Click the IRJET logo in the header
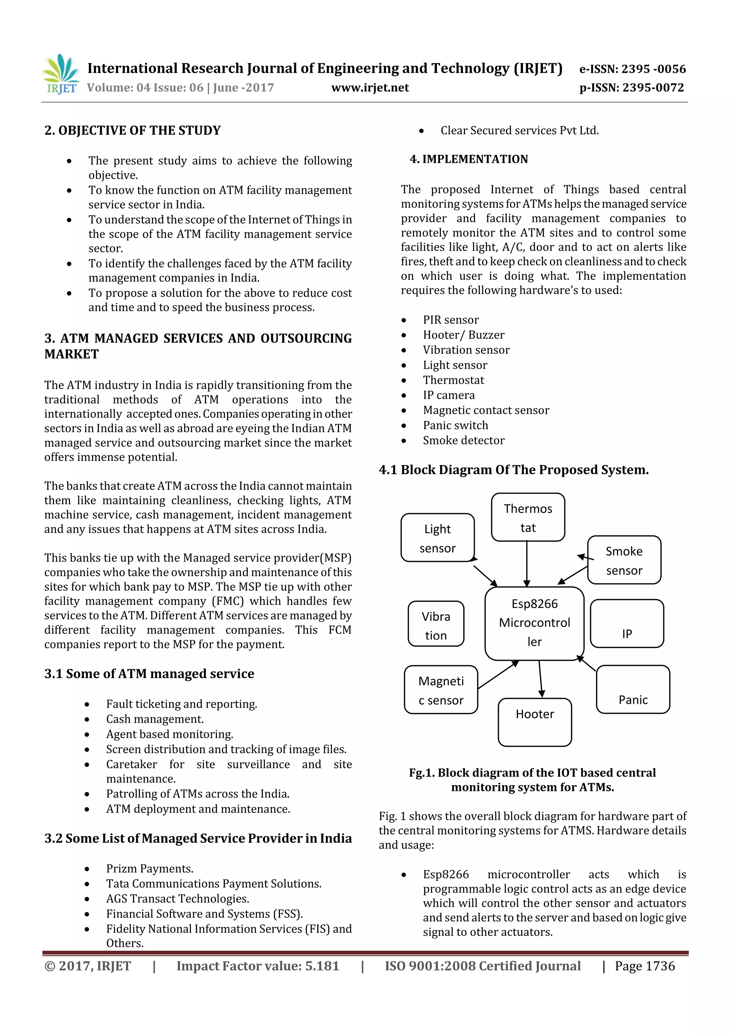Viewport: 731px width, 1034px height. tap(61, 74)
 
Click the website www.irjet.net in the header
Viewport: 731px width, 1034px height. tap(370, 88)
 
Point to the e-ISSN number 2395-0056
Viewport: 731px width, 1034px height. tap(632, 69)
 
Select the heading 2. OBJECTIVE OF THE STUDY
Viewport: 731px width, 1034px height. tap(132, 131)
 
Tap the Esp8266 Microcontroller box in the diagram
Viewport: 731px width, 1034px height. tap(534, 623)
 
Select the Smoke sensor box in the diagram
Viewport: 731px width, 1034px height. tap(624, 560)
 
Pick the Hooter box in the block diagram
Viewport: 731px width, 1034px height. tap(535, 722)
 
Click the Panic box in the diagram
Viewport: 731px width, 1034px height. tap(633, 690)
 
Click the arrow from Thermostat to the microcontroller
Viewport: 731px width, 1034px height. tap(526, 564)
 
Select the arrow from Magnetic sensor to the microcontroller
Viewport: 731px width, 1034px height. tap(498, 675)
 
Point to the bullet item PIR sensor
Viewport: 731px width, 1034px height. tap(450, 320)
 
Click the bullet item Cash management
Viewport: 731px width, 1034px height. tap(155, 719)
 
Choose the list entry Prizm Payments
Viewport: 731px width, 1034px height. tap(150, 868)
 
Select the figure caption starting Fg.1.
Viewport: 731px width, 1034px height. tap(533, 780)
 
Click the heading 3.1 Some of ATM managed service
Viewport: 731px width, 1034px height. tap(149, 674)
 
